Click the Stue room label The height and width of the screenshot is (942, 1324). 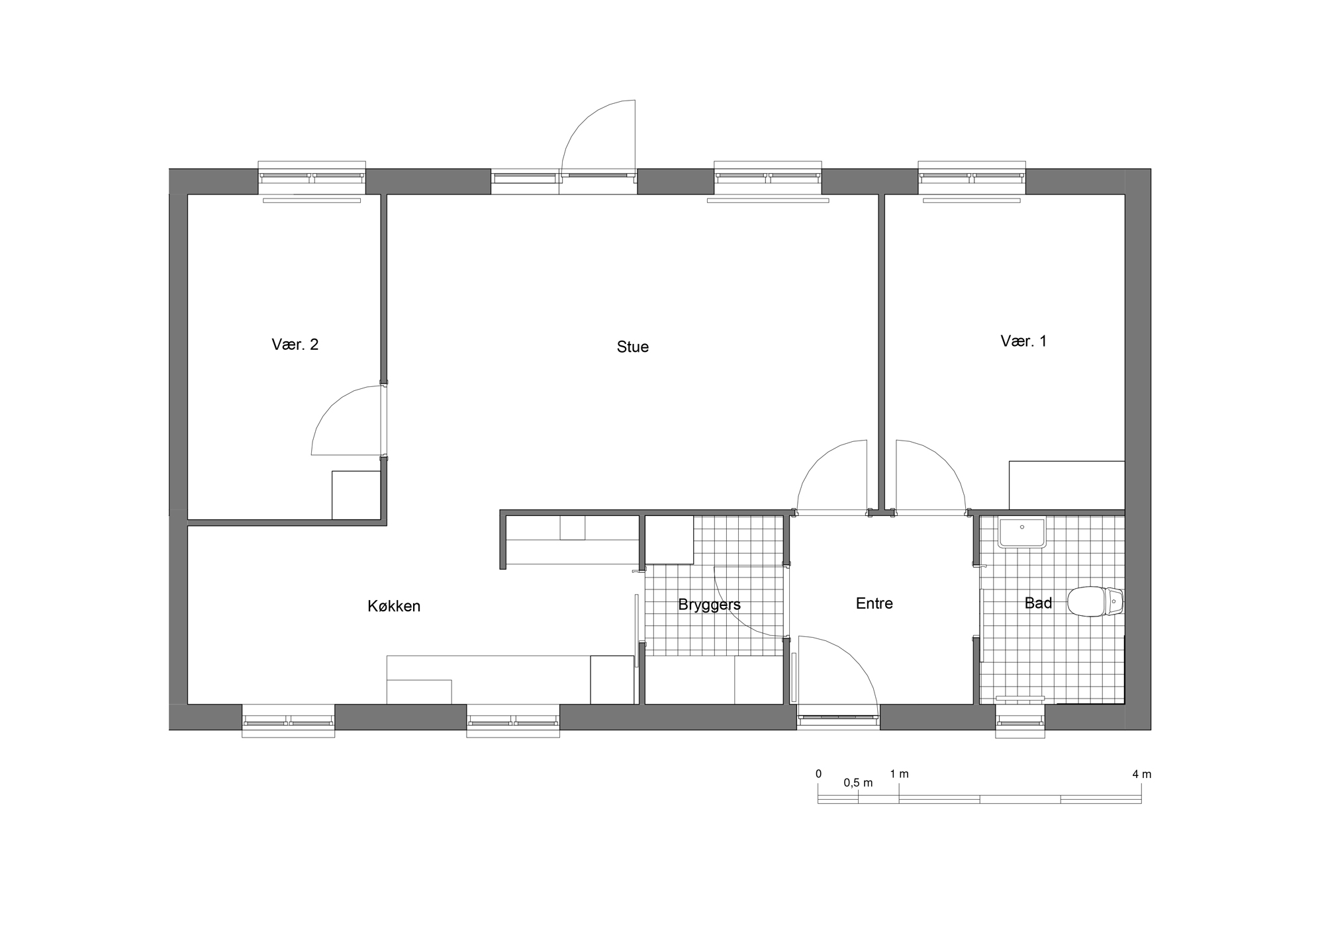[x=632, y=347]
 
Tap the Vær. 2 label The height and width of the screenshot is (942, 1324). [x=295, y=345]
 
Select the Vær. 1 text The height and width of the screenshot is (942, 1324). [x=1023, y=341]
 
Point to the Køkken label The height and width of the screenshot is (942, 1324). [x=394, y=606]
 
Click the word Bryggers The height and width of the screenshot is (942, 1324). [x=709, y=605]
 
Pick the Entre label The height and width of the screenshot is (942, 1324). [x=874, y=603]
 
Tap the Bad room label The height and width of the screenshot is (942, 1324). [x=1038, y=603]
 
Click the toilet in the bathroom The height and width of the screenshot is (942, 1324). [x=1096, y=601]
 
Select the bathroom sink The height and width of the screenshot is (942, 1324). [x=1022, y=533]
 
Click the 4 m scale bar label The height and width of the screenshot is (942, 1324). [x=1142, y=774]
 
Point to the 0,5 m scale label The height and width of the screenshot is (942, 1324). [x=858, y=783]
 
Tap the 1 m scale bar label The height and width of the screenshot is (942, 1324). [x=899, y=774]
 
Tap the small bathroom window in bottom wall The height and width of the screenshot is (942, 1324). [x=1020, y=720]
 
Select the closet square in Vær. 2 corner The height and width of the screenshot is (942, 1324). [x=356, y=495]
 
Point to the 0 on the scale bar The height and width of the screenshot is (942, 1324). [x=819, y=774]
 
